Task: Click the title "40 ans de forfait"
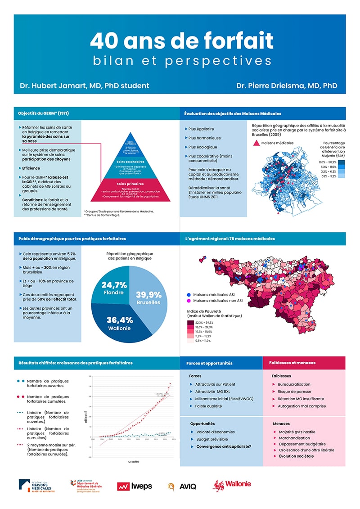coord(181,41)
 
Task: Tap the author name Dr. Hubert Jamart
coord(84,86)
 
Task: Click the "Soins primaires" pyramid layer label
coord(130,184)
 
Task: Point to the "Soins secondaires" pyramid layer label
coord(130,161)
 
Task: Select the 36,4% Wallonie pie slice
coord(120,324)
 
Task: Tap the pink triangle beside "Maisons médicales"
coord(256,143)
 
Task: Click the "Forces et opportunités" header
coord(209,363)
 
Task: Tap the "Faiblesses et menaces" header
coord(292,363)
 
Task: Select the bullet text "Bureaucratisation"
coord(294,384)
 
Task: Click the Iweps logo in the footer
coord(135,486)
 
